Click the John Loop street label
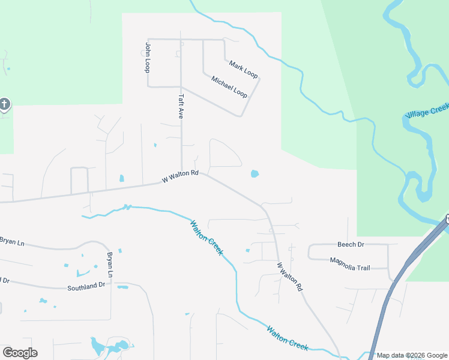147,58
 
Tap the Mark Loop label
243,70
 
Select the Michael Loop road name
229,86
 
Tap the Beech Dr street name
351,245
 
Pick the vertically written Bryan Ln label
110,265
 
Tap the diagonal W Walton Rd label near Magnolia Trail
289,277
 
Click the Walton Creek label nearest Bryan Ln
206,238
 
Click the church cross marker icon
5,105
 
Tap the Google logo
20,353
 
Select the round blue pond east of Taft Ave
255,174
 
